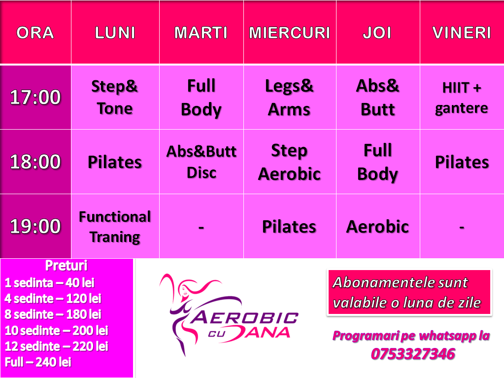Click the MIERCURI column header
(x=290, y=33)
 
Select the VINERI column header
(x=462, y=33)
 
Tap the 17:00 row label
(x=35, y=97)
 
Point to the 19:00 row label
(x=35, y=226)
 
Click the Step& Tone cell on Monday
(x=115, y=97)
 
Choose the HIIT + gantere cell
(x=462, y=98)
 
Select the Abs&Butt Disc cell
(x=202, y=162)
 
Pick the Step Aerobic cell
(x=289, y=162)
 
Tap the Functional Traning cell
(x=115, y=227)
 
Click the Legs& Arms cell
(x=289, y=98)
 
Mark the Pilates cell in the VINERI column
(x=462, y=162)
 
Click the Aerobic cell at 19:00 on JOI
(x=378, y=227)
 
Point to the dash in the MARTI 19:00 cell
(x=201, y=228)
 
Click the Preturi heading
(x=66, y=266)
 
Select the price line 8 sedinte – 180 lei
(x=53, y=314)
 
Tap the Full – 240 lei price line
(x=38, y=362)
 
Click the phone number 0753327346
(x=413, y=354)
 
